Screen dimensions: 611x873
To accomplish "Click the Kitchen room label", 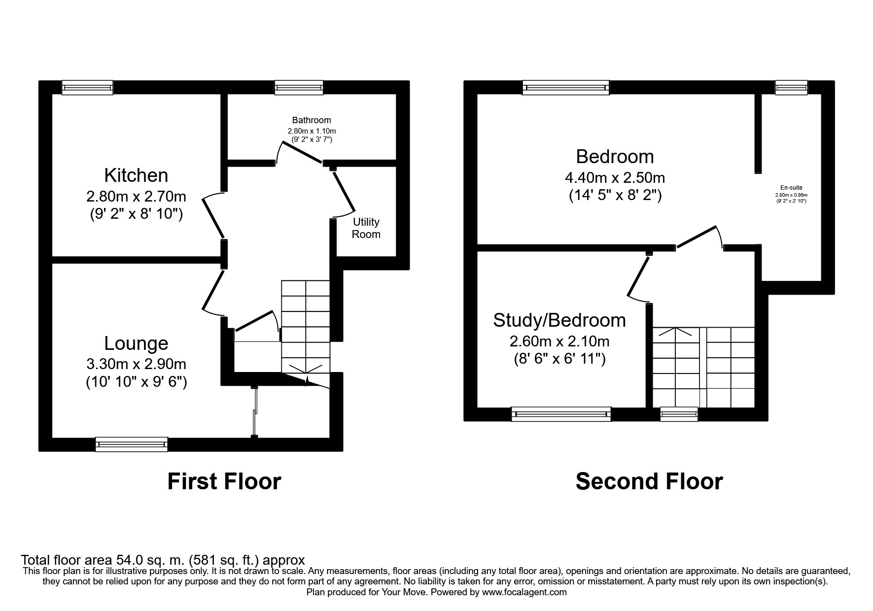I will [136, 175].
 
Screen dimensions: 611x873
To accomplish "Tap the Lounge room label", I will [136, 343].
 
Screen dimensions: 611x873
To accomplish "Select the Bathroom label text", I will [312, 120].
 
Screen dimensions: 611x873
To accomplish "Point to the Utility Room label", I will [366, 228].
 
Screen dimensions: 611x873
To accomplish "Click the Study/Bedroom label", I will [559, 320].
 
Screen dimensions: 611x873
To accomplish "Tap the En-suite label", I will [791, 188].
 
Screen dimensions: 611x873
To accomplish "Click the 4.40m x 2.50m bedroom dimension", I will [615, 177].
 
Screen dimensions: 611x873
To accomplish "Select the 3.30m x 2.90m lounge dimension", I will [136, 364].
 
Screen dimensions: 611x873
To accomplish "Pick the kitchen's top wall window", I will [87, 88].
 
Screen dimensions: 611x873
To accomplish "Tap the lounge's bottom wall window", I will [132, 444].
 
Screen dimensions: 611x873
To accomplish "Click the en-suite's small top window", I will [791, 88].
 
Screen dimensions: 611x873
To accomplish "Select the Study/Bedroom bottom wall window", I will [561, 414].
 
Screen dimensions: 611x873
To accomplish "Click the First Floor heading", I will [224, 481].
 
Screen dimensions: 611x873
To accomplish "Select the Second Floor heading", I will [649, 481].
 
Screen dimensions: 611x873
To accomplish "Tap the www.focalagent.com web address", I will [524, 592].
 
